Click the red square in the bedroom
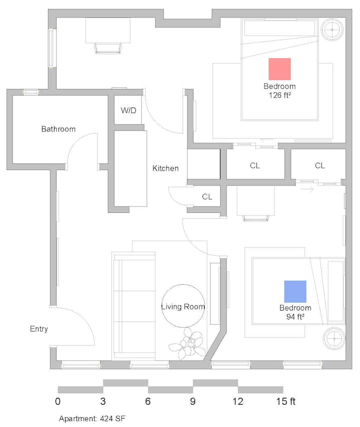pos(279,69)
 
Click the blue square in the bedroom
pos(295,291)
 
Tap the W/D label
pos(128,110)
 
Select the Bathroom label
pos(58,129)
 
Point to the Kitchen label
pos(165,168)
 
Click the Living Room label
pos(183,306)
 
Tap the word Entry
pos(39,329)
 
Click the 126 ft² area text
pos(279,94)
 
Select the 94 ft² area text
pos(295,316)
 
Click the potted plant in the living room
pos(187,343)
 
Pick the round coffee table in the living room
pos(183,306)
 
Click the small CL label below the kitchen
pos(207,197)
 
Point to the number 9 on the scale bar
pos(193,401)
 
